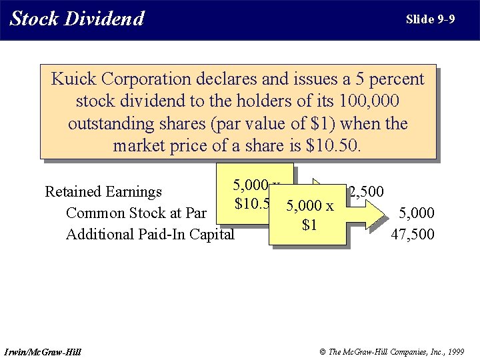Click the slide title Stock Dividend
tap(77, 19)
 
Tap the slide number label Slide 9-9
tap(430, 19)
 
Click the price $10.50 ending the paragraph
tap(332, 145)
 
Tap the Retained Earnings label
tap(103, 192)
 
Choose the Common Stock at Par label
tap(136, 213)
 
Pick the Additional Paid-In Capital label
tap(150, 235)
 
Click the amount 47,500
tap(414, 235)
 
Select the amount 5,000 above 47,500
tap(416, 213)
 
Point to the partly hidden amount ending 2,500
tap(366, 192)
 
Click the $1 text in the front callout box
tap(309, 225)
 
